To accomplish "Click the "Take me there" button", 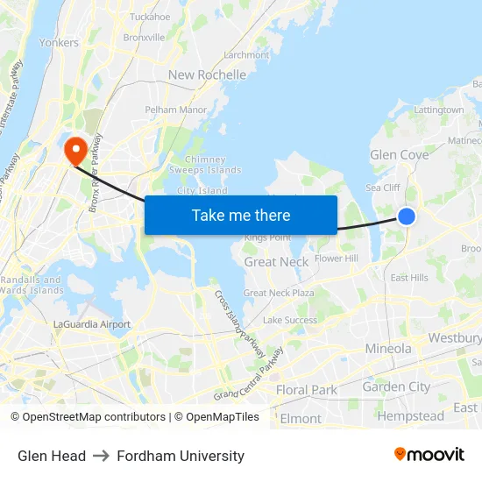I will pos(241,216).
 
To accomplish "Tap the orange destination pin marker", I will pos(75,149).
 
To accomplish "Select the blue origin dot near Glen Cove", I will pos(407,216).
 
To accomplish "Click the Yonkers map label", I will pos(59,42).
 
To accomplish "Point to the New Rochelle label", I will pos(207,74).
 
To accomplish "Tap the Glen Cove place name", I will pos(400,155).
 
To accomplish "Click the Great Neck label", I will pos(276,262).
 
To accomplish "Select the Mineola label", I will pos(387,349).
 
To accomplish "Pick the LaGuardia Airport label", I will pos(92,324).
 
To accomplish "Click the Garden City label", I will pos(396,386).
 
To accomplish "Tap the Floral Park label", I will pos(306,390).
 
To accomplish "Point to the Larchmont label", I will pos(246,54).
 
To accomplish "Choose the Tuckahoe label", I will pos(150,17).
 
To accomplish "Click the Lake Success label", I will pos(290,321).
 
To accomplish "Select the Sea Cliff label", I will pos(383,188).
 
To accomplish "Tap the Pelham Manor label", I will pos(176,110).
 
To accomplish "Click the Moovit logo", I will pos(429,454).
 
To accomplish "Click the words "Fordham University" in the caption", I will pos(181,456).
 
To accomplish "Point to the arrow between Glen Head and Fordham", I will pos(101,456).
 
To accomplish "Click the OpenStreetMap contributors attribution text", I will pos(88,417).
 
